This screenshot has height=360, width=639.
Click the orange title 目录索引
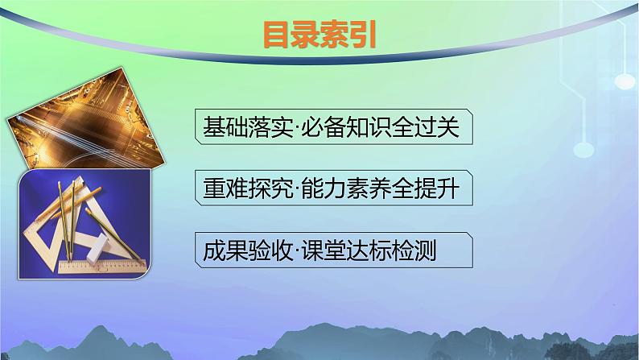pos(319,35)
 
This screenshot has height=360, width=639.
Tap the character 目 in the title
pos(277,35)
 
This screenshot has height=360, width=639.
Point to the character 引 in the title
pos(363,35)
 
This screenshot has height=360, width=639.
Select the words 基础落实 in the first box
pos(248,126)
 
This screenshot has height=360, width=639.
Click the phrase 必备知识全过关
pos(381,126)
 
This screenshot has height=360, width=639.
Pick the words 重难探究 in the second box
pos(248,188)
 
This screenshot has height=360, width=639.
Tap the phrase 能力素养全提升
pos(381,188)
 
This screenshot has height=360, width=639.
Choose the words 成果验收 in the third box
pos(248,250)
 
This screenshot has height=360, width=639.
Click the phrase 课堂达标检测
pos(369,250)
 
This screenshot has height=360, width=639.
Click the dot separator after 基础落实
pos(297,127)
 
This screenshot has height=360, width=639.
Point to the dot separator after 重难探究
pos(297,188)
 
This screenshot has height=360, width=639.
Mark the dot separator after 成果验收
pos(297,250)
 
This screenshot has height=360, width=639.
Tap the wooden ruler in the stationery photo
pos(102,267)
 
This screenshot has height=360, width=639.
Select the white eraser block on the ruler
pos(98,250)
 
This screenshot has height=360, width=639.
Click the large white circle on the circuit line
pos(625,81)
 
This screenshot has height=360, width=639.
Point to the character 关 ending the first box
pos(449,126)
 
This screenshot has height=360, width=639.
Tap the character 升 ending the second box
pos(449,188)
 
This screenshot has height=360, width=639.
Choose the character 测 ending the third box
pos(426,250)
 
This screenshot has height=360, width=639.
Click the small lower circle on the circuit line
pos(583,150)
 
